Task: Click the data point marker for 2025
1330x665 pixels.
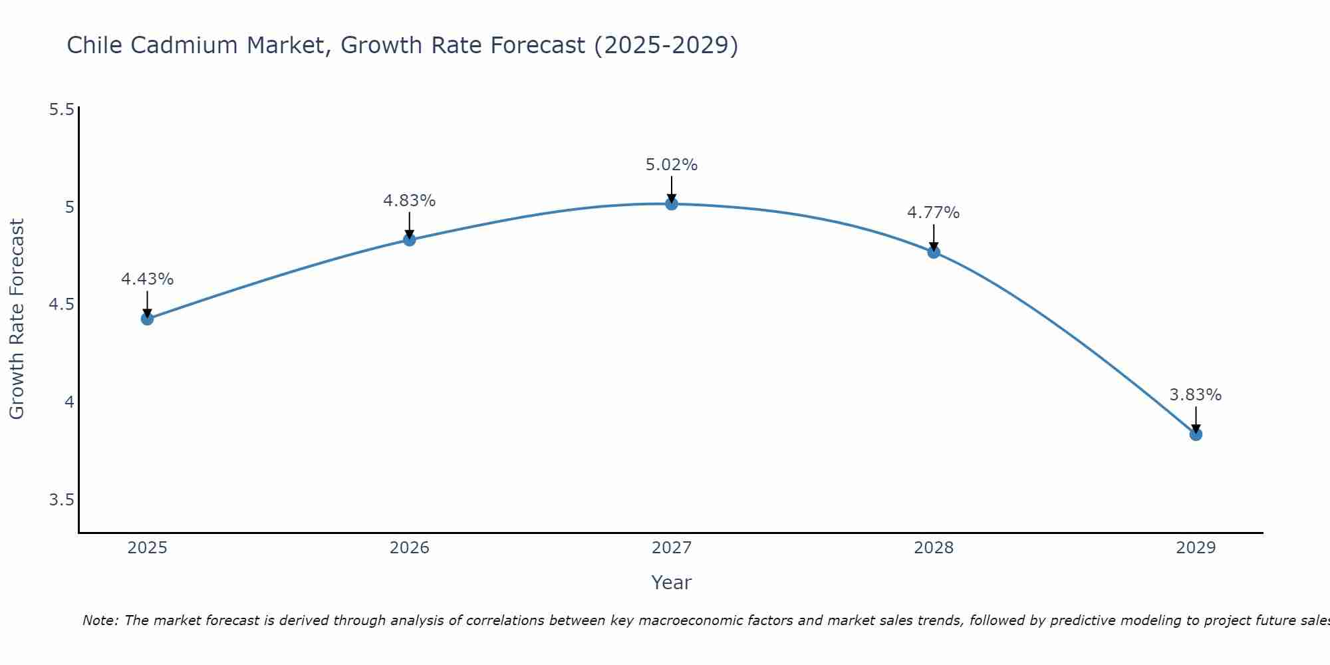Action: [147, 319]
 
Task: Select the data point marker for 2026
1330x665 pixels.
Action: [410, 240]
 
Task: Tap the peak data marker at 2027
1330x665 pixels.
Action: [672, 204]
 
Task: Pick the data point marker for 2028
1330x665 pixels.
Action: [934, 252]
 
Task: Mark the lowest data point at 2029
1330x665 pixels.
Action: [1196, 435]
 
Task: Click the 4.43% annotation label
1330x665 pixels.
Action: [147, 279]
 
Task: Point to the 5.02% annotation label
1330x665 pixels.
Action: [672, 165]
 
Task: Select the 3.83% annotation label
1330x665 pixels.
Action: [1196, 395]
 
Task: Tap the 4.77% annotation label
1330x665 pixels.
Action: [934, 213]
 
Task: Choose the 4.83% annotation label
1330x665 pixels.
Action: [410, 201]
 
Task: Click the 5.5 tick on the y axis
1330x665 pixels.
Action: [61, 110]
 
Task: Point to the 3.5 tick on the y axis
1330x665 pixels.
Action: [61, 500]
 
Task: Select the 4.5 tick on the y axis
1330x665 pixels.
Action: [61, 305]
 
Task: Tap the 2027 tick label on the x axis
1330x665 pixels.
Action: [672, 548]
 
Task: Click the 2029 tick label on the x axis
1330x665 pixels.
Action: [1196, 548]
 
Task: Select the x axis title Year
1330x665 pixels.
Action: [672, 583]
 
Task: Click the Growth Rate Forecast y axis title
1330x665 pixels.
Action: [17, 319]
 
